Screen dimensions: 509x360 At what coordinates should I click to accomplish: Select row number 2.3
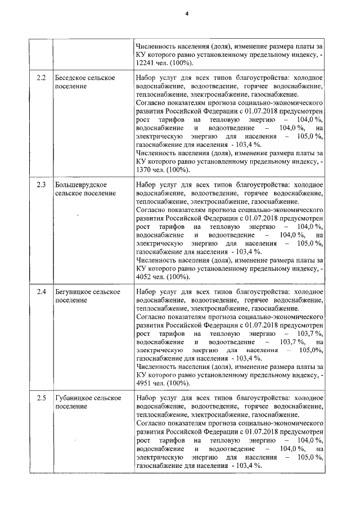pos(40,184)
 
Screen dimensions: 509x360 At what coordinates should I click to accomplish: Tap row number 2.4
pos(40,292)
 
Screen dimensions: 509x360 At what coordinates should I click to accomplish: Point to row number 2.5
pos(40,399)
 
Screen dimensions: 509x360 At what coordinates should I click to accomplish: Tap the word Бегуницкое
pos(73,292)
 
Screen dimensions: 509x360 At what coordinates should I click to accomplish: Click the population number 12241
pos(147,63)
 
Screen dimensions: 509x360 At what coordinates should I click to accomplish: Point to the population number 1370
pos(145,170)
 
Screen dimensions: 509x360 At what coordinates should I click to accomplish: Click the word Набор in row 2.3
pos(147,184)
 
